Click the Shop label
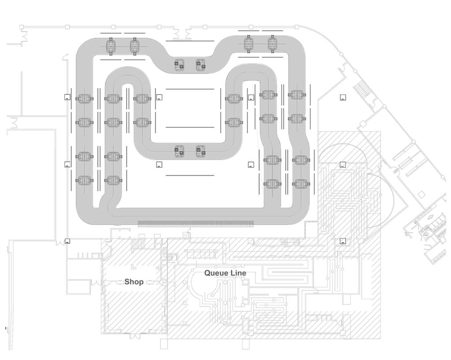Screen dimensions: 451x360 coord(134,282)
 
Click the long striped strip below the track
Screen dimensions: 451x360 coord(196,224)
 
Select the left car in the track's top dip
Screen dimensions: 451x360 coord(179,65)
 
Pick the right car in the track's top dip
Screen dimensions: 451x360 coord(200,65)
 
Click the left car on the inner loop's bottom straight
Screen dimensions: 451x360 coord(179,151)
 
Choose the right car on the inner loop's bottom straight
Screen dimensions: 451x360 coord(200,151)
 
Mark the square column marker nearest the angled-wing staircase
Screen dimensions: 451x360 coord(343,97)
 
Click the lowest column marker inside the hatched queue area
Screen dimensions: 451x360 coord(343,241)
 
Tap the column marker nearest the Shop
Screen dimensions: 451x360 coord(67,241)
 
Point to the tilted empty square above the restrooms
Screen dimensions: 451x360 coord(421,195)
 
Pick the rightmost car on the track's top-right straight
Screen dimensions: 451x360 coord(272,44)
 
